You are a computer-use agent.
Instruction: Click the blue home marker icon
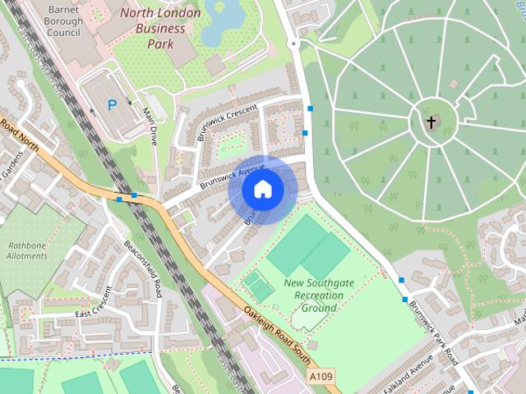click(262, 190)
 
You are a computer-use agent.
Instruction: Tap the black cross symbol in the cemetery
click(431, 123)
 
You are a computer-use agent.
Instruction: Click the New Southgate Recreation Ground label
click(318, 295)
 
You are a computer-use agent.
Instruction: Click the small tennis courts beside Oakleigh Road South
click(258, 286)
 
